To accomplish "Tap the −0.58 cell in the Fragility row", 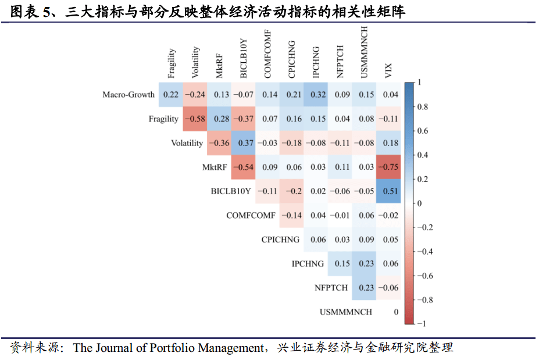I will click(195, 119).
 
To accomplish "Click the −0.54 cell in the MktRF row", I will click(243, 167).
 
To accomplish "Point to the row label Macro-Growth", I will click(128, 95).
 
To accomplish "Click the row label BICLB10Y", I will click(231, 191).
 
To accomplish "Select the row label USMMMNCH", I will click(345, 312).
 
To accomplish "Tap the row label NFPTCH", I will click(331, 287).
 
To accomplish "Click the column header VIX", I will click(388, 70).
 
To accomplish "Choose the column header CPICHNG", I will click(292, 59).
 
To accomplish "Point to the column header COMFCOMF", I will click(267, 56).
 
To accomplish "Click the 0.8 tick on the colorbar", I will click(423, 107).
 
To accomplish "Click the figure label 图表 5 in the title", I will click(31, 12).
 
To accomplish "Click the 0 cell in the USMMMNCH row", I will click(395, 312).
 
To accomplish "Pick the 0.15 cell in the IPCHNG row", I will click(340, 263).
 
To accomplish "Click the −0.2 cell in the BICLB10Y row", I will click(292, 191).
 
